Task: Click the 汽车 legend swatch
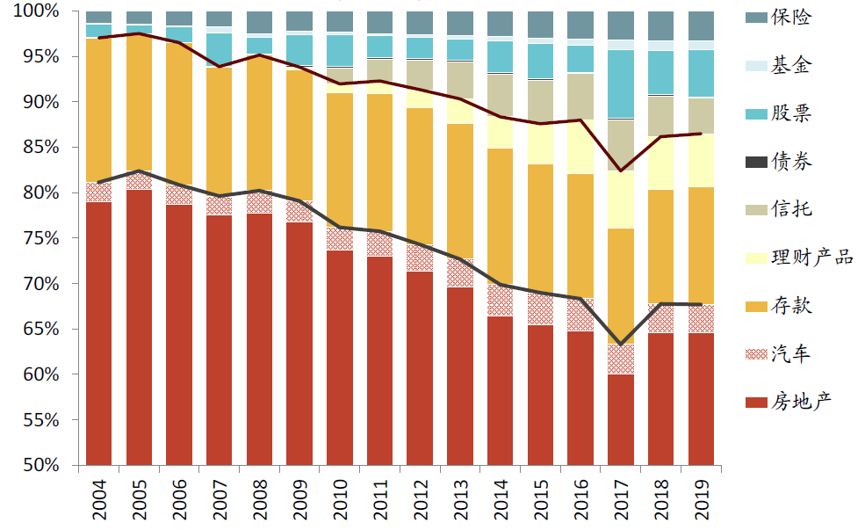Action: pyautogui.click(x=756, y=354)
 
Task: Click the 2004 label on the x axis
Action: pyautogui.click(x=98, y=498)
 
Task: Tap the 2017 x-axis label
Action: pyautogui.click(x=620, y=498)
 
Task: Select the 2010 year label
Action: pyautogui.click(x=339, y=498)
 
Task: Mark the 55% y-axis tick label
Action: pyautogui.click(x=40, y=420)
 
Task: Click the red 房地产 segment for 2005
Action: pyautogui.click(x=139, y=325)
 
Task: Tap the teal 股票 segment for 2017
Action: pyautogui.click(x=620, y=83)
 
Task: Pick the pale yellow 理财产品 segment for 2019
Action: pyautogui.click(x=701, y=160)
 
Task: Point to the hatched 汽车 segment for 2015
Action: pyautogui.click(x=540, y=309)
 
